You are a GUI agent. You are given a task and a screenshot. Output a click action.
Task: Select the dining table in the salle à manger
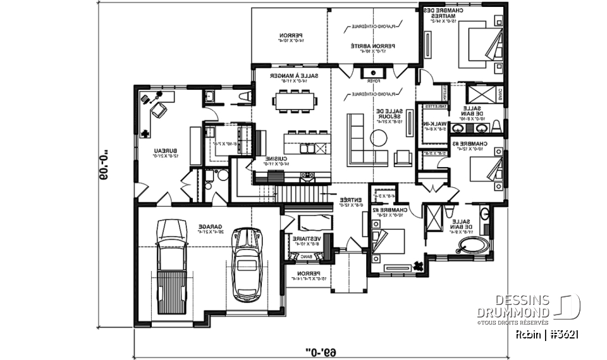pyautogui.click(x=293, y=101)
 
